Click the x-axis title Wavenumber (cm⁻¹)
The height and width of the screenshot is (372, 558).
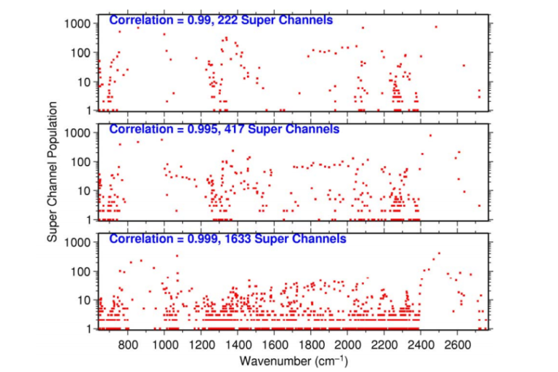pos(294,360)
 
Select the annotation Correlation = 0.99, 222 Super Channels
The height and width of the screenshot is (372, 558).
pos(221,20)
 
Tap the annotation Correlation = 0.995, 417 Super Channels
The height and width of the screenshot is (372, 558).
pos(224,130)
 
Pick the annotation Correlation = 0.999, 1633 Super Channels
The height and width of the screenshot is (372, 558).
pos(227,239)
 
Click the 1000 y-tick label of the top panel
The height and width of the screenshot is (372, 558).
pos(77,24)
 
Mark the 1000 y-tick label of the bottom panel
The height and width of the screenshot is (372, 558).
pos(77,242)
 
